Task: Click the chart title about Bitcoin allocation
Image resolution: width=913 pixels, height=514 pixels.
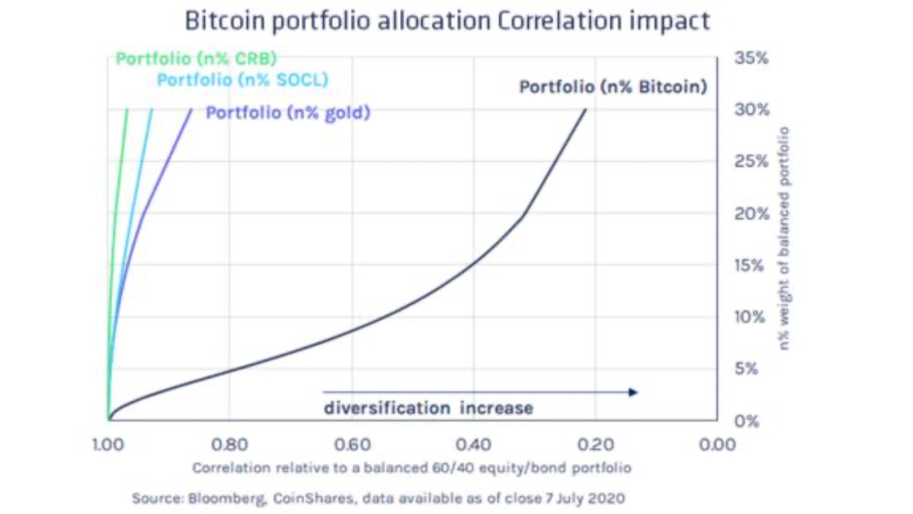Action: coord(447,21)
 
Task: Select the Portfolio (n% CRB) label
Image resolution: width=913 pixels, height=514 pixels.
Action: coord(196,58)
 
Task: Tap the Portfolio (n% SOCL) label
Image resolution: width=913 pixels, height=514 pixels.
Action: coord(243,79)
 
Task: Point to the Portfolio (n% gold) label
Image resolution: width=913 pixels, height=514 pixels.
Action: coord(288,113)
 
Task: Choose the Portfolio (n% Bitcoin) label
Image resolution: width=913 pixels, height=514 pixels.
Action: coord(613,87)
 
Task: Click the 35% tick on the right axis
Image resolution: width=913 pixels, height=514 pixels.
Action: coord(751,58)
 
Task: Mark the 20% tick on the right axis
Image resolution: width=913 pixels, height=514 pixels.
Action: coord(751,213)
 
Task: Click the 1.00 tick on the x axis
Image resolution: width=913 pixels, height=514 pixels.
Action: coord(108,445)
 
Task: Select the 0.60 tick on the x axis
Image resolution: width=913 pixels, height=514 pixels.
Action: coord(352,445)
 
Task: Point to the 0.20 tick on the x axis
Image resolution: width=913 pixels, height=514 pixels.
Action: coord(595,445)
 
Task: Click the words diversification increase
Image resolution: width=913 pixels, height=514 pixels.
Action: coord(428,408)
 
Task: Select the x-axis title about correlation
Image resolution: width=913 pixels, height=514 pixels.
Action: coord(412,468)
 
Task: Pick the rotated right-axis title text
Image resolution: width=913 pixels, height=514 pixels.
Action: coord(784,238)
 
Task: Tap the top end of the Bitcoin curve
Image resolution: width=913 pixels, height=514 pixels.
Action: coord(586,110)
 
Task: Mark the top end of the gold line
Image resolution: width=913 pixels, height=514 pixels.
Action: coord(192,110)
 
